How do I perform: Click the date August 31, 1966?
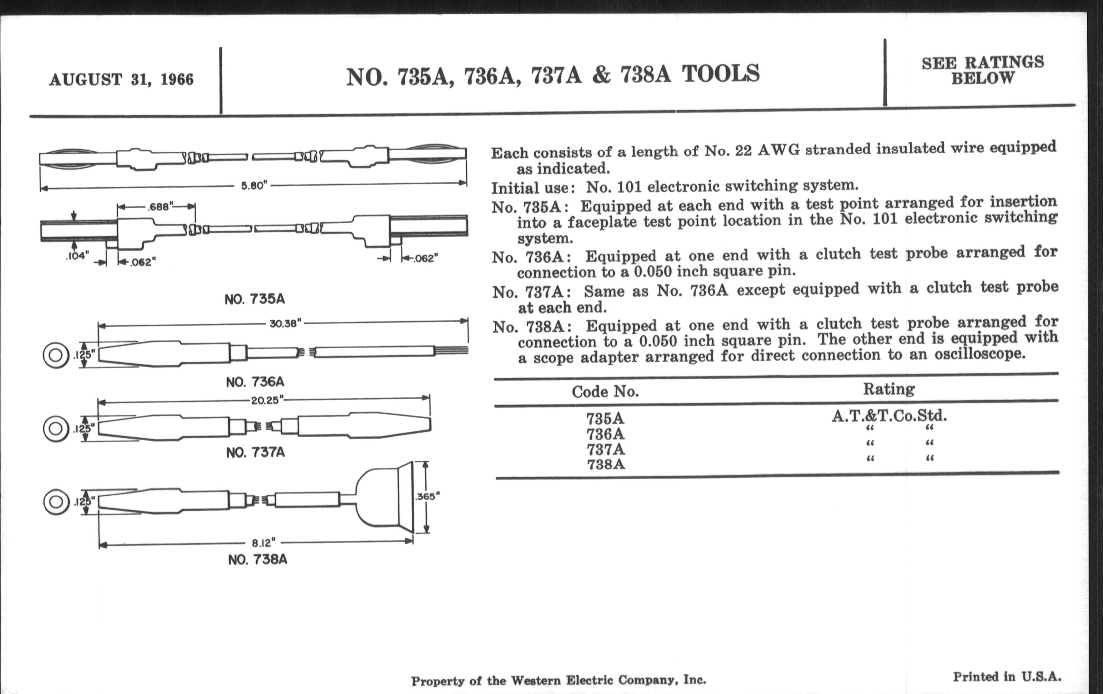pos(122,80)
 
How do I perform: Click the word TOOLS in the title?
pos(721,74)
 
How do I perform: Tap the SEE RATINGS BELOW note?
pos(983,71)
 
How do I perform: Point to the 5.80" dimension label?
pos(254,186)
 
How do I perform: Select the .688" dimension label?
pos(160,207)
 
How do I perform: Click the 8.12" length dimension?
pos(264,543)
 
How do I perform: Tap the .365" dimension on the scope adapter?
pos(427,497)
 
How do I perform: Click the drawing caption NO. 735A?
pos(255,299)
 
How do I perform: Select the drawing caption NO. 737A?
pos(256,453)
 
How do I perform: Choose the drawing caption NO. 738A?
pos(258,560)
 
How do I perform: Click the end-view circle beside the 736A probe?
pos(56,356)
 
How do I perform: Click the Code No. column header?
pos(605,391)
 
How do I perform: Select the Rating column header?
pos(888,389)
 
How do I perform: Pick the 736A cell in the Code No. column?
pos(605,434)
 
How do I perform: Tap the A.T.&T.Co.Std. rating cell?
pos(889,416)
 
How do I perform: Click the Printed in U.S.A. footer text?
pos(1007,677)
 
